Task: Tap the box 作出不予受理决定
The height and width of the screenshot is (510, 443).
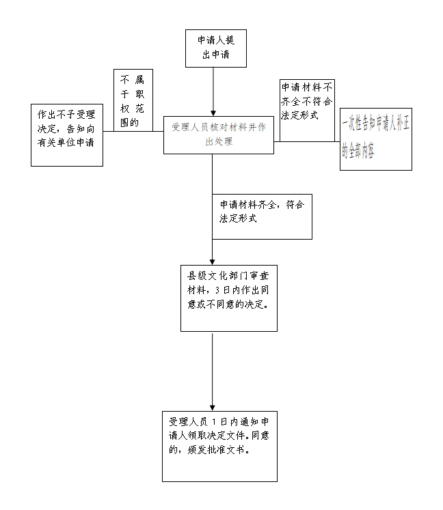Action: click(67, 134)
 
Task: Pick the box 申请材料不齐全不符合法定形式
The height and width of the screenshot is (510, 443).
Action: click(307, 109)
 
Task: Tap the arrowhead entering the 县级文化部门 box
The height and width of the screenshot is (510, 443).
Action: click(213, 261)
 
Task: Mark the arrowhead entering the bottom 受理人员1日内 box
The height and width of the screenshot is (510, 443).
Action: click(213, 408)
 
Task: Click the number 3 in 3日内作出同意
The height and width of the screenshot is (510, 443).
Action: click(217, 289)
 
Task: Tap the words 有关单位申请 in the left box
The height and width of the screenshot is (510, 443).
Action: click(66, 142)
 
